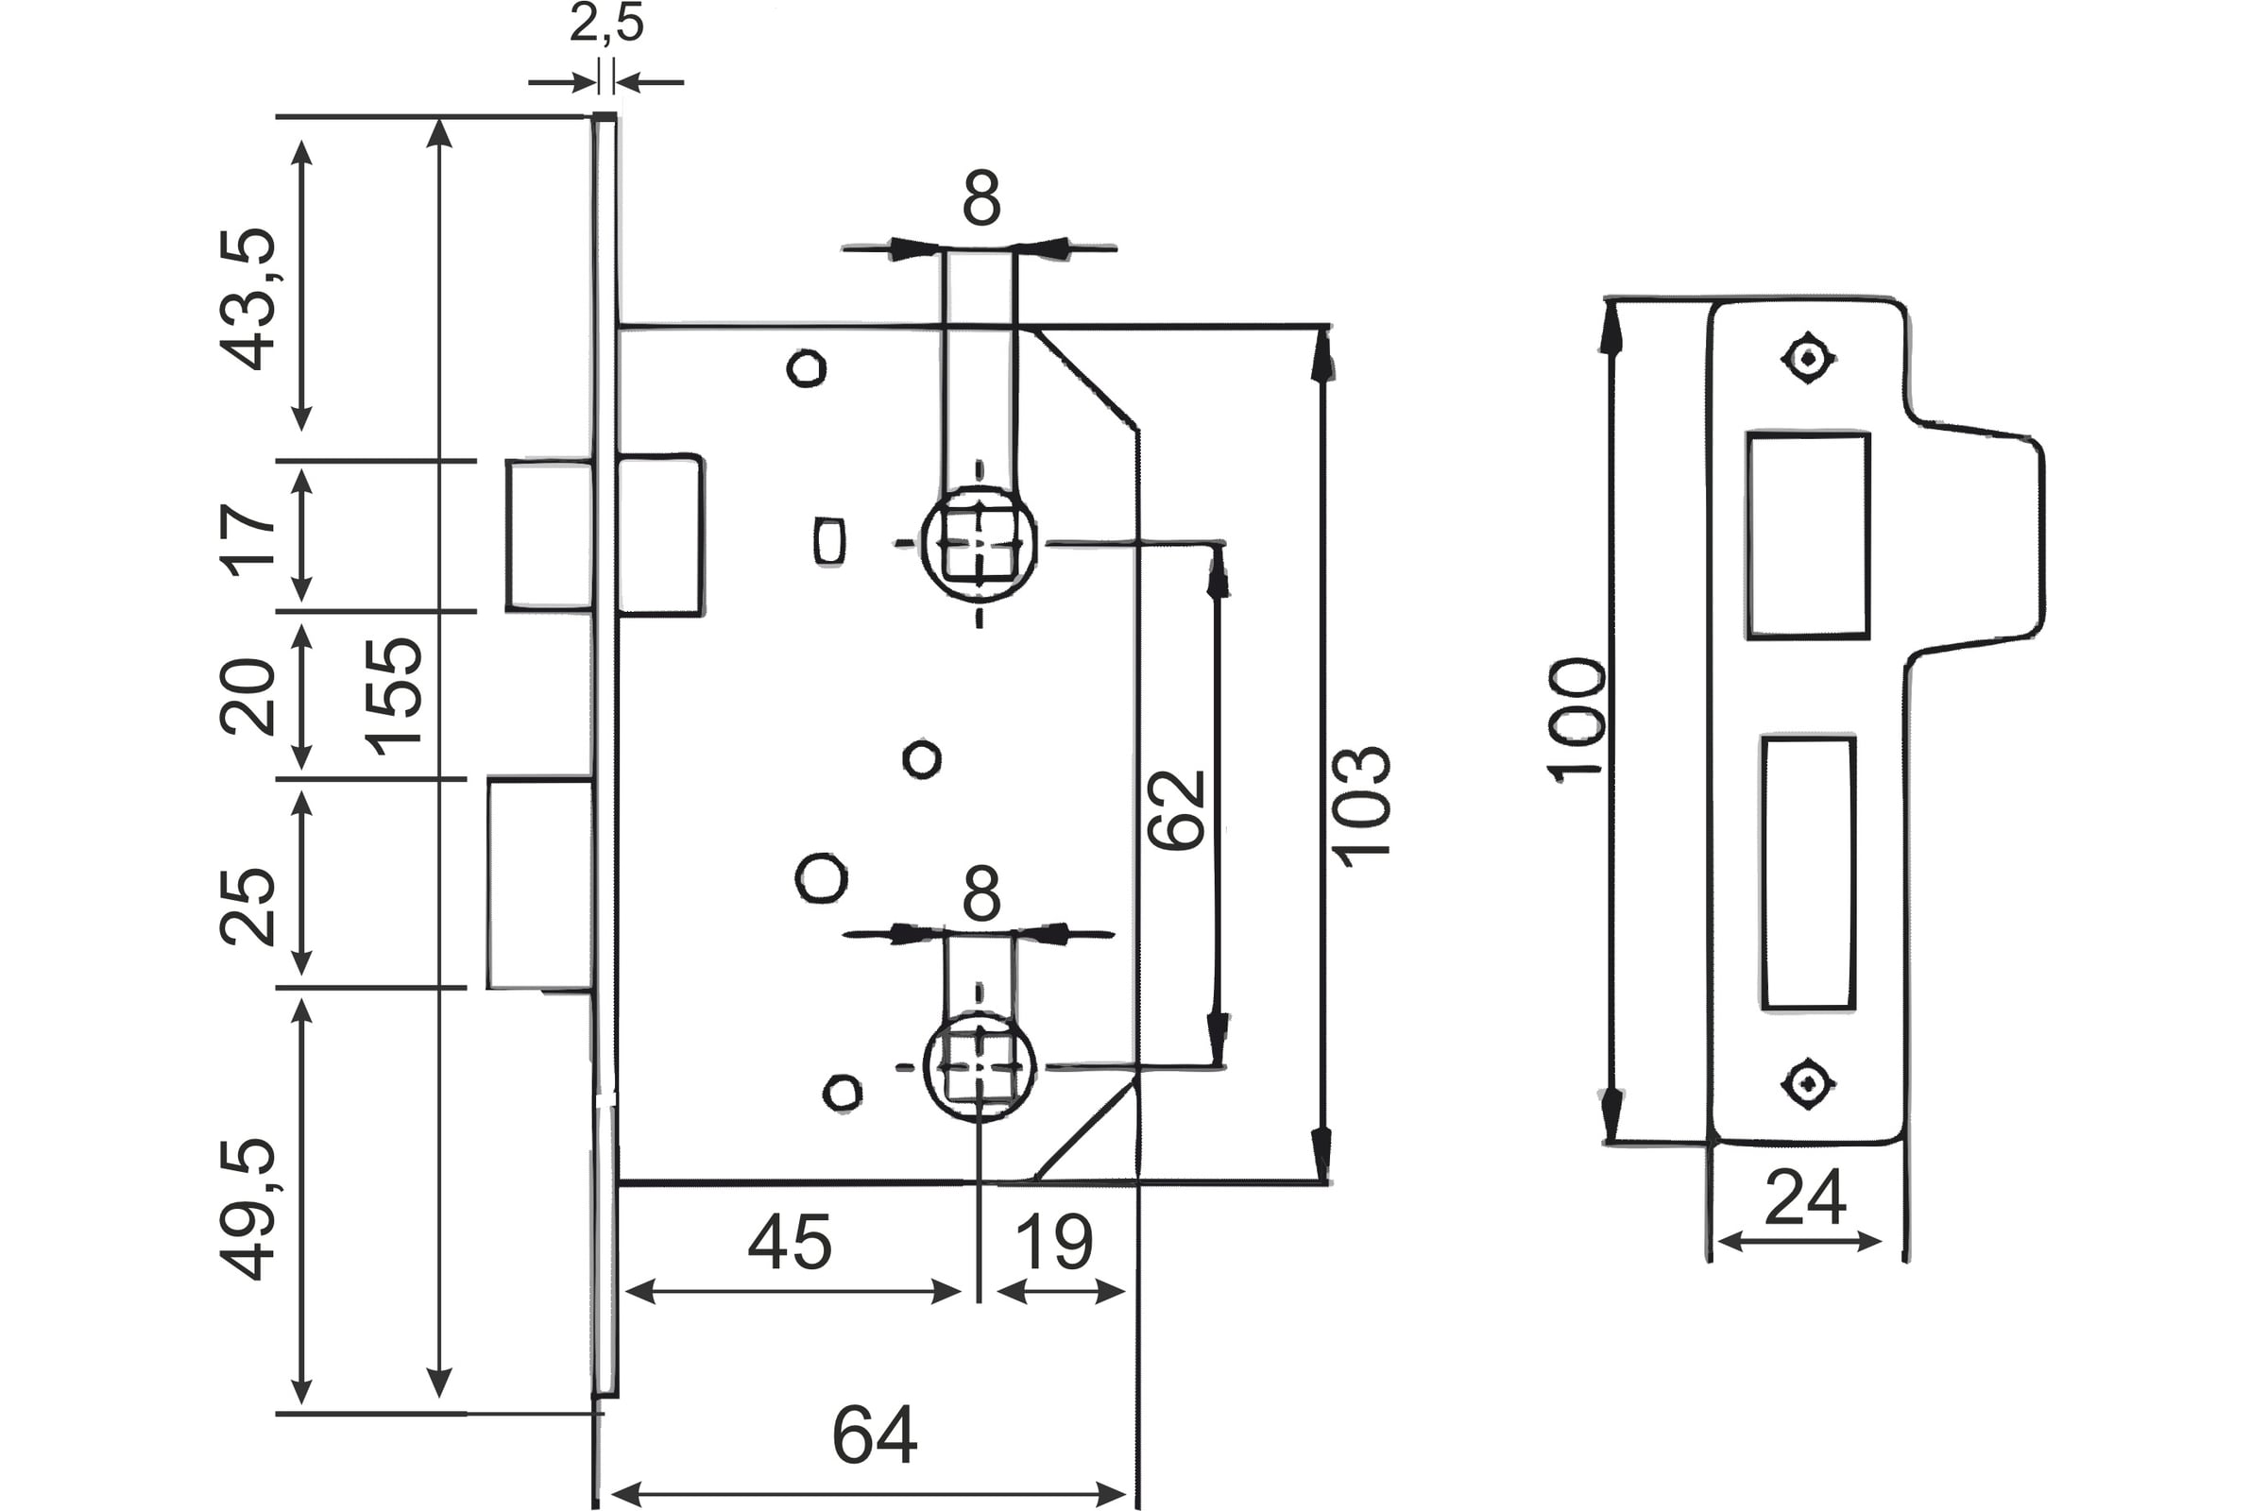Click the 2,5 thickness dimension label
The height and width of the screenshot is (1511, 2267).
click(x=606, y=23)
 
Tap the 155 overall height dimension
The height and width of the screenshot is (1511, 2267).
click(x=393, y=697)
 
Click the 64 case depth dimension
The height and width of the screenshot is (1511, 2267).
click(x=875, y=1435)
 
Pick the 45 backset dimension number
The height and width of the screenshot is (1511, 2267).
click(x=790, y=1242)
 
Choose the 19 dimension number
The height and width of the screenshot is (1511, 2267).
click(x=1054, y=1242)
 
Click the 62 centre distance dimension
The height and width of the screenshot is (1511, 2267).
click(x=1177, y=809)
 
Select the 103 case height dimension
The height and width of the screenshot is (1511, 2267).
click(x=1361, y=806)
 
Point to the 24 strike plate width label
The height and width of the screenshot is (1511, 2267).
click(x=1805, y=1197)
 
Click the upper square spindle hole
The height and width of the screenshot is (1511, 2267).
click(x=980, y=545)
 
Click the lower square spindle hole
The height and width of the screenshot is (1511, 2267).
click(x=980, y=1066)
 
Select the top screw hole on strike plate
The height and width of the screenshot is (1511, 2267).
click(x=1807, y=359)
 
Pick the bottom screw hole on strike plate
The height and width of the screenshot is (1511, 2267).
click(x=1807, y=1083)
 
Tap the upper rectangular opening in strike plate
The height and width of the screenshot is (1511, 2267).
click(x=1807, y=535)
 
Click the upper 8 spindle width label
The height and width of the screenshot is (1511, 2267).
click(x=981, y=199)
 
